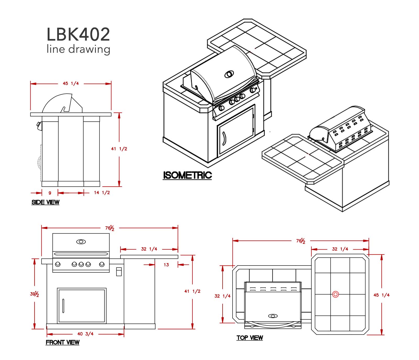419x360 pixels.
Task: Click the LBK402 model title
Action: [78, 34]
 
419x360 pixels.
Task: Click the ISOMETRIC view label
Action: [187, 175]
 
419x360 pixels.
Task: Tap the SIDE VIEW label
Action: [45, 202]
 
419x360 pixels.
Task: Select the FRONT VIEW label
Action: [62, 342]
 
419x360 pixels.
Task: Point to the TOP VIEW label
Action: [250, 338]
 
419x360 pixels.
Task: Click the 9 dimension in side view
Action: [50, 193]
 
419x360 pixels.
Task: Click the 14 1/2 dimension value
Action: [102, 193]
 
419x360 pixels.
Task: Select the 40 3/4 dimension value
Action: [85, 334]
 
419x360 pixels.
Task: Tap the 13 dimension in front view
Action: [166, 265]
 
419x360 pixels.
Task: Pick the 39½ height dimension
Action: [35, 294]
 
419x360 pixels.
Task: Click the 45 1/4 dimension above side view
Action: [71, 83]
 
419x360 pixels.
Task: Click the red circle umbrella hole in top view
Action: [335, 294]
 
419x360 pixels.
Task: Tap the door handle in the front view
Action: [63, 306]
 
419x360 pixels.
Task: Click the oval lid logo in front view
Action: [81, 242]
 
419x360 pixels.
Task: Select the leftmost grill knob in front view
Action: [58, 264]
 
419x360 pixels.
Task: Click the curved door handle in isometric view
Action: [224, 139]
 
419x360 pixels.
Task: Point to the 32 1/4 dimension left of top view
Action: [222, 296]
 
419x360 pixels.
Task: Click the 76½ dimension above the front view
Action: [110, 228]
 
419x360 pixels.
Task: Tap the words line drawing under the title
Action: [78, 49]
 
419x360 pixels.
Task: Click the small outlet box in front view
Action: [119, 272]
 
